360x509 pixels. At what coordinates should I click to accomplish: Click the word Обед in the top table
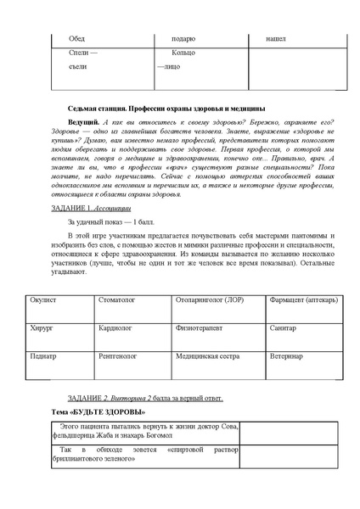coord(76,39)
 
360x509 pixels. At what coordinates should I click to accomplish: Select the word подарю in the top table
coord(183,39)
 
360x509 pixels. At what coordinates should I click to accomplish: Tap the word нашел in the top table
coord(276,39)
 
